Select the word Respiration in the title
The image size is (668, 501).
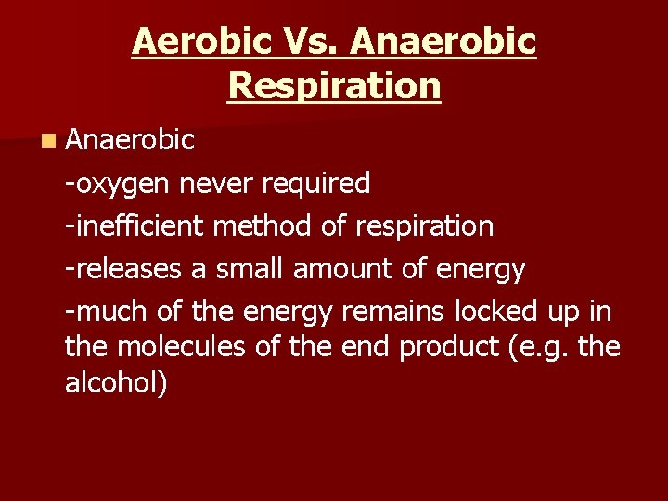coord(334,86)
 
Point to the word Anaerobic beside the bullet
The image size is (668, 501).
coord(130,140)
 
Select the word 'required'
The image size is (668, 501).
coord(316,184)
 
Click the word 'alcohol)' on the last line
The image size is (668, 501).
coord(117,383)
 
